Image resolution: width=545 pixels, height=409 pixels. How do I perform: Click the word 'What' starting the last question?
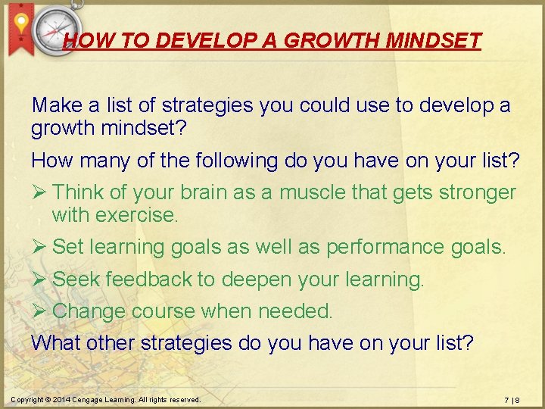[56, 343]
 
